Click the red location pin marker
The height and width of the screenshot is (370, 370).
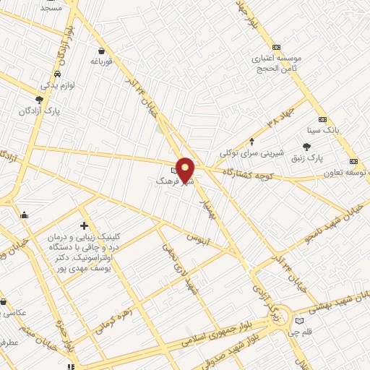(186, 169)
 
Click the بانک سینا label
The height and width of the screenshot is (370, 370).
(322, 130)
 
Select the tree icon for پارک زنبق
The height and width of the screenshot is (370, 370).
(317, 147)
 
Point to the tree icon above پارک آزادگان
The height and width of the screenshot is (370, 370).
(39, 100)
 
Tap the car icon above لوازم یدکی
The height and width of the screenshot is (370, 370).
(57, 74)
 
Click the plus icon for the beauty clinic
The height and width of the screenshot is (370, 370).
(85, 227)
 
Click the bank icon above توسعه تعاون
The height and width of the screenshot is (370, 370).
(353, 162)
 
